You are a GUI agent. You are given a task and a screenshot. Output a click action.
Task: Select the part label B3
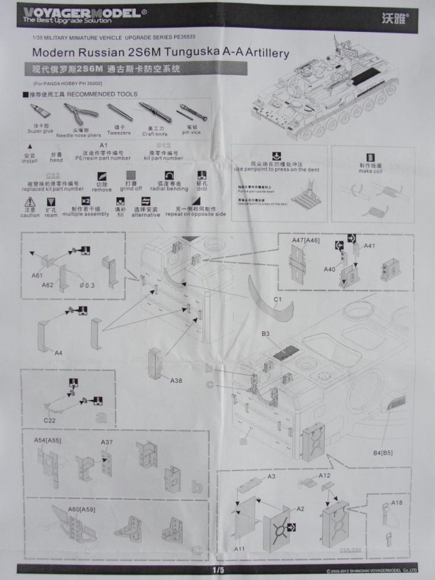266,334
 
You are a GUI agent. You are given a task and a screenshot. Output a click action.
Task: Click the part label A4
58,353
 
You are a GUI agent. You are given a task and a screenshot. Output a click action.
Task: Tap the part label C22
49,420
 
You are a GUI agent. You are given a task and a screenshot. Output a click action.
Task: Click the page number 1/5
217,569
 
